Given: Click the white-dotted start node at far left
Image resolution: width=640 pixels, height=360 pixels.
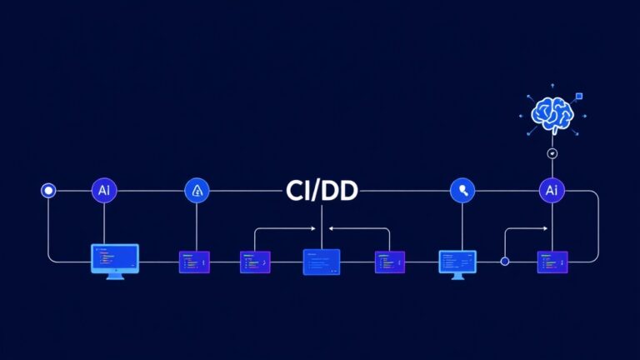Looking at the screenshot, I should (x=48, y=191).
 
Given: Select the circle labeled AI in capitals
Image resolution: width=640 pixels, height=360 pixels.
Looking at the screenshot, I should (x=104, y=191).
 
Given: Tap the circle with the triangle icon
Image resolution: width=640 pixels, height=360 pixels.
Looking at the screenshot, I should (x=197, y=191).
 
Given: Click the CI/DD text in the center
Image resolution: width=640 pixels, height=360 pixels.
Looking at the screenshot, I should (x=321, y=191).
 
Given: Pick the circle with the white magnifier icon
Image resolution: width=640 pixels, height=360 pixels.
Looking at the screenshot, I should (x=462, y=191).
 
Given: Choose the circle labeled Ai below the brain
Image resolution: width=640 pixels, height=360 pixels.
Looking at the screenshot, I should (x=551, y=191).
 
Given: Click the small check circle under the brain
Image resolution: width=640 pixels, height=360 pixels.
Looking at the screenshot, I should (x=551, y=153).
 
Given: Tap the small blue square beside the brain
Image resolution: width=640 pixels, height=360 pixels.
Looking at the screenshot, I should (x=580, y=97).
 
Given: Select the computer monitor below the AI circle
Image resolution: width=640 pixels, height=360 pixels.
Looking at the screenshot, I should (x=115, y=258).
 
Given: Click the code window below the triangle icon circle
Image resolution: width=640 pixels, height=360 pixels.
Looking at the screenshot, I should (x=195, y=262).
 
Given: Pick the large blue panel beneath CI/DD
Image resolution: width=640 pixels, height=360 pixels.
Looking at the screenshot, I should (x=321, y=262).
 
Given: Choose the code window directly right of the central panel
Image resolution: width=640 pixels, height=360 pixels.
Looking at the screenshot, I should (x=389, y=262).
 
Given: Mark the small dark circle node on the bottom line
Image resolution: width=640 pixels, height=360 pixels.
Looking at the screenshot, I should (x=504, y=262).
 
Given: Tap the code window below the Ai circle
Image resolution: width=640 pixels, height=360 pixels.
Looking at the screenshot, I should (x=552, y=262).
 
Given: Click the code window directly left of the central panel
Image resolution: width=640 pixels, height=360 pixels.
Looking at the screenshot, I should (x=255, y=262).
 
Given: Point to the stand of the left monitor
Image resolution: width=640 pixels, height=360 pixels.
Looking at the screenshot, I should (x=115, y=276).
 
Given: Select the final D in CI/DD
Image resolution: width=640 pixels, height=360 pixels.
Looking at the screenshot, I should (x=347, y=191).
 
